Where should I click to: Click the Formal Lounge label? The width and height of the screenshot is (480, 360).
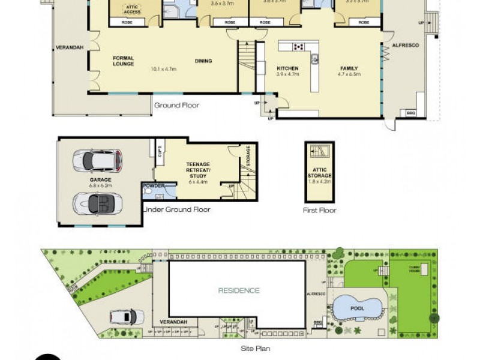coord(124,61)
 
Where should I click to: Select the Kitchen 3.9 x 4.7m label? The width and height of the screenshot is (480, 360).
coord(287,71)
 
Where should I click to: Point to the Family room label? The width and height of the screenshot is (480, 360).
coord(348,71)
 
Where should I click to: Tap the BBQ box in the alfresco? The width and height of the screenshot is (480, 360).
coord(411,112)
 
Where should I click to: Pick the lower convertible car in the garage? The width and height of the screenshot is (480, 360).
coord(97,204)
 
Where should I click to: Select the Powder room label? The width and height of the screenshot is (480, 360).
coord(153,185)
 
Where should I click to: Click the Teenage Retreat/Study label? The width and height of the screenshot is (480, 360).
coord(197,172)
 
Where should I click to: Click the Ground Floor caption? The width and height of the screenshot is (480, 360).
coord(176,106)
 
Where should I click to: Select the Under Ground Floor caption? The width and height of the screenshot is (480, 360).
coord(176,209)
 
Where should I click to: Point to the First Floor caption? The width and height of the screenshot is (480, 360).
coord(320,211)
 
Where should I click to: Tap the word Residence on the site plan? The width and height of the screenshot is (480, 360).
coord(239,290)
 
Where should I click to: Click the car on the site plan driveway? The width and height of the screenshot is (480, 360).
coord(126,316)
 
